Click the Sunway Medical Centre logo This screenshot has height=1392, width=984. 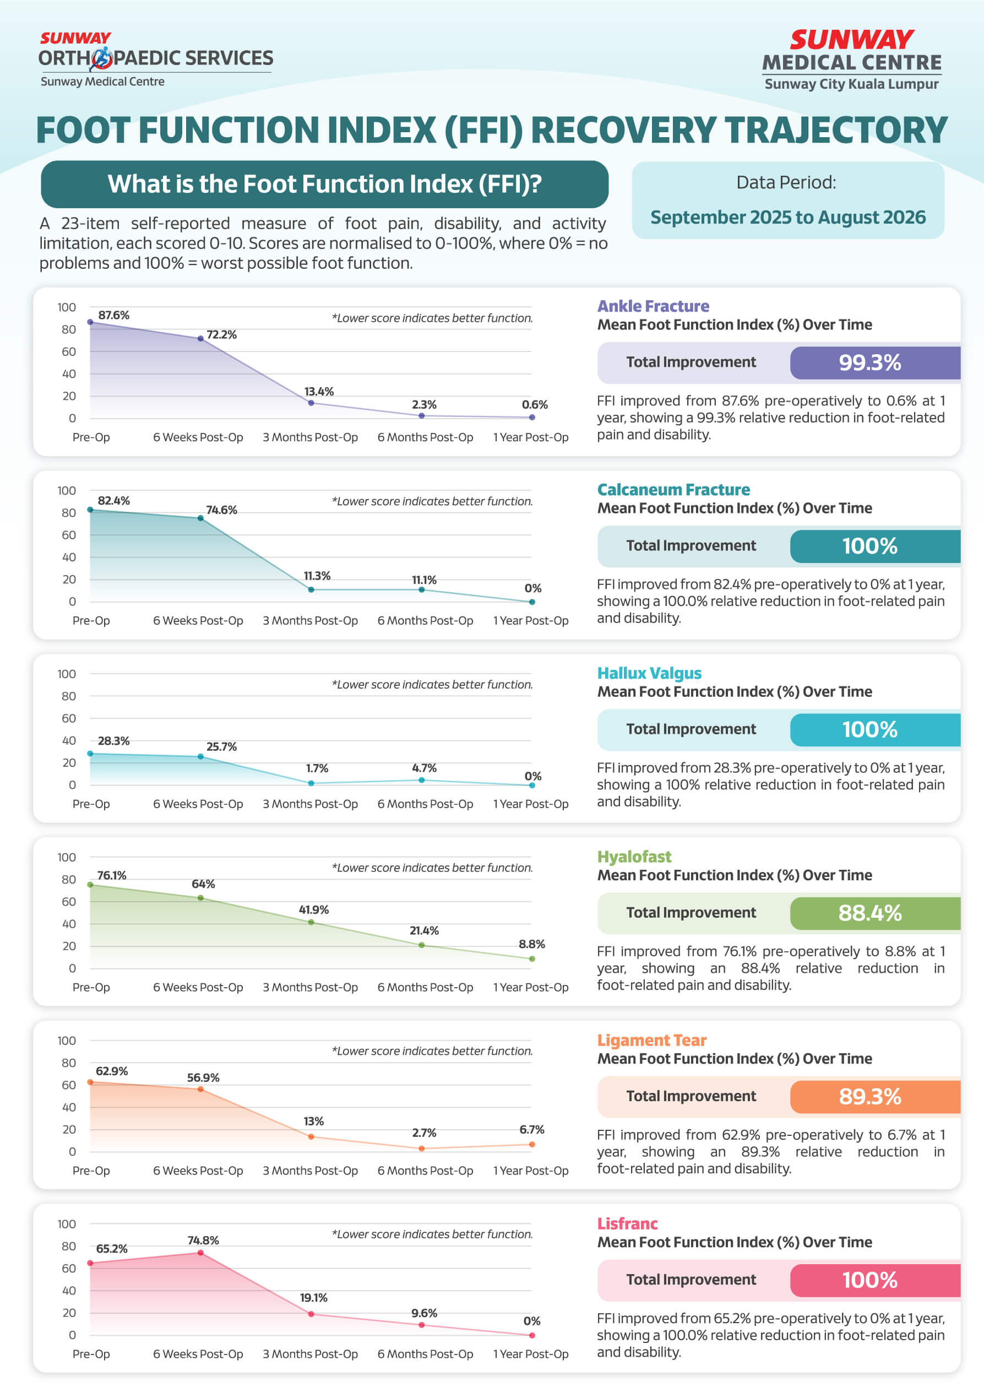[x=851, y=60]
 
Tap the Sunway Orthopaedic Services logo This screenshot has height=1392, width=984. [x=156, y=59]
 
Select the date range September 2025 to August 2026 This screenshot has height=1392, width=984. [x=787, y=217]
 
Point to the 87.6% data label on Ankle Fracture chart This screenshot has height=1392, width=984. [x=113, y=315]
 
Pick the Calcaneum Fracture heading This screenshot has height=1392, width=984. [x=673, y=489]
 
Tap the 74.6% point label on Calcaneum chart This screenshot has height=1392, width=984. [x=221, y=510]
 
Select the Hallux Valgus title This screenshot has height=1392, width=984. [x=649, y=673]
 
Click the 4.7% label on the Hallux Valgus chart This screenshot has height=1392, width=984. [x=424, y=768]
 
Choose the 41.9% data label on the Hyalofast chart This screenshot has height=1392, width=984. [x=314, y=910]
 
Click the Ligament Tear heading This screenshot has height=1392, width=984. [x=652, y=1041]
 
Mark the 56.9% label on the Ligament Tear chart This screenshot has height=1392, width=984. [x=203, y=1078]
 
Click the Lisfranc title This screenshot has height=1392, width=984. [x=627, y=1223]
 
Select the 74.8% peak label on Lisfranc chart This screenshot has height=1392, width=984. [x=203, y=1241]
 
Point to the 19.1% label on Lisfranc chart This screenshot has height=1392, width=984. [x=314, y=1298]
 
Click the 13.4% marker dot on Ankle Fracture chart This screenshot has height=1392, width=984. [x=311, y=403]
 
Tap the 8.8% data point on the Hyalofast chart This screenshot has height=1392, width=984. [x=532, y=959]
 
